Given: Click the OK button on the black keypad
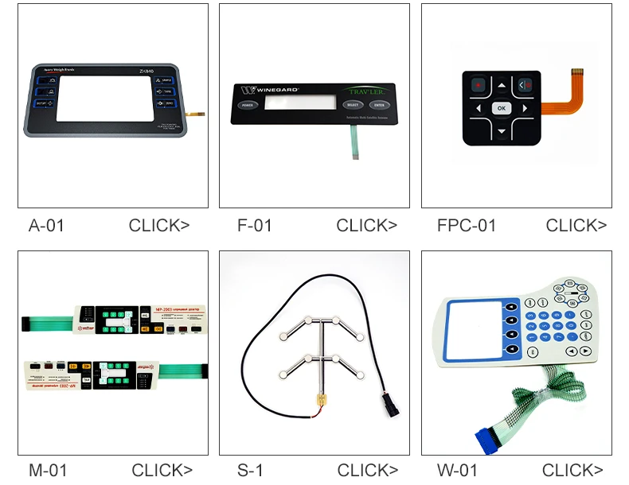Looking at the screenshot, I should [x=501, y=108].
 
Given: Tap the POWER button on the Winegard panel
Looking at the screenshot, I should [x=247, y=105].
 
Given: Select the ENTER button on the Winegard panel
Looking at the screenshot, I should [x=379, y=105].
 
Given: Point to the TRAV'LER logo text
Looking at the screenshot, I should [x=368, y=91].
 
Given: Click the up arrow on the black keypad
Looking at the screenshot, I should [x=501, y=85].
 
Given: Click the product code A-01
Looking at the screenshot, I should [x=46, y=226].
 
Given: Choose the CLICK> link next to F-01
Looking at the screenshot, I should [x=366, y=226].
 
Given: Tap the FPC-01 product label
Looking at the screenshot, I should [x=467, y=226].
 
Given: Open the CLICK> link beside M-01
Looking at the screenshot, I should [x=162, y=470].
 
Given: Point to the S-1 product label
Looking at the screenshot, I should [x=250, y=470].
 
